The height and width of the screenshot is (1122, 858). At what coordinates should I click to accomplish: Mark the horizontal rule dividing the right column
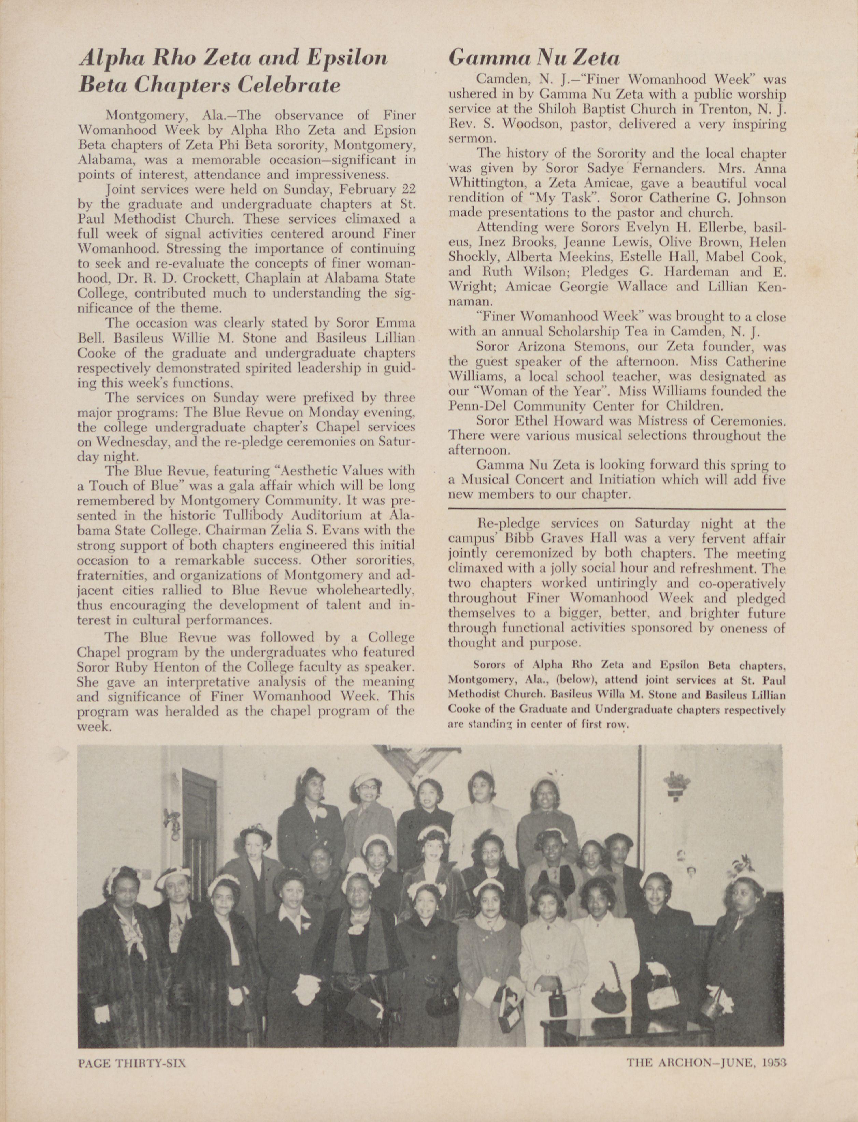[x=616, y=509]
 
